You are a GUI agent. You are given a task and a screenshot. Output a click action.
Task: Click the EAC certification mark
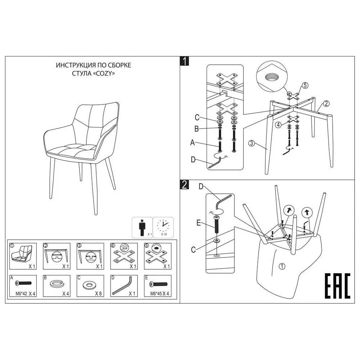[337, 285]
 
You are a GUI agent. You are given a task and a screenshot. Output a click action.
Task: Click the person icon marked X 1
[142, 227]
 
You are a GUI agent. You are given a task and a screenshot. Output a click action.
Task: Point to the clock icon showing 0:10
[163, 226]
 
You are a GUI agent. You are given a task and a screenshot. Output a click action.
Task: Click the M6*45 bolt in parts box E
[158, 284]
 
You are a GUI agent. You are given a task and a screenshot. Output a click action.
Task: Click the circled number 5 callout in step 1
[305, 85]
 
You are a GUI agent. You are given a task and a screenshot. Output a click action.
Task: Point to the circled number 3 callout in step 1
[251, 143]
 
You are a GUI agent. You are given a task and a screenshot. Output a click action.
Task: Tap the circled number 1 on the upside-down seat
[282, 266]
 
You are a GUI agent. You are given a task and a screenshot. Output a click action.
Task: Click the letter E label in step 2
[199, 223]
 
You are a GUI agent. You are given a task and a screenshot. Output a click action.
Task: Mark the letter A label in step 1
[192, 143]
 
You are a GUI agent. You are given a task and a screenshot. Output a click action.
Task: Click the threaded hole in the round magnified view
[271, 77]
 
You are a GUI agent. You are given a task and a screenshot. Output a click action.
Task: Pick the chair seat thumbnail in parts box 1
[22, 254]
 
